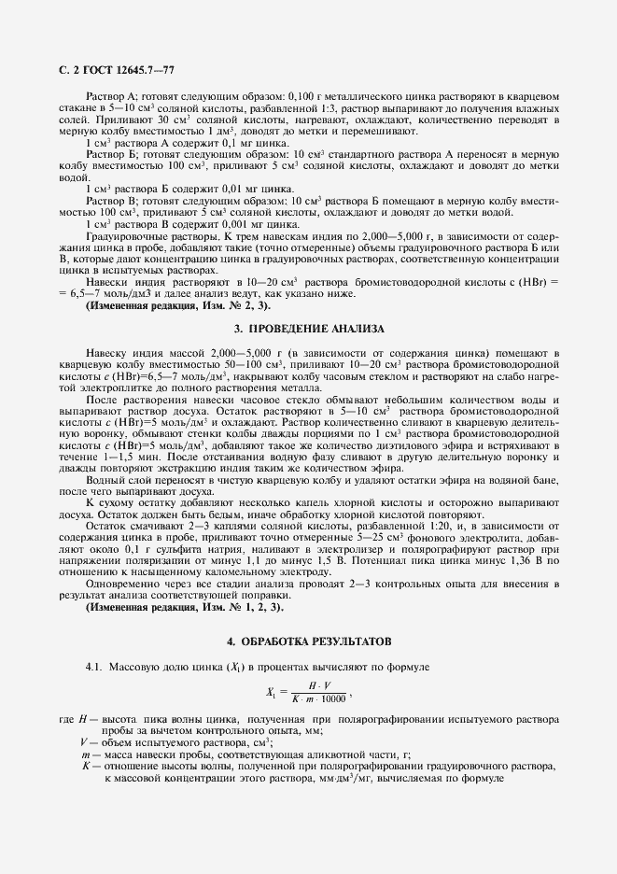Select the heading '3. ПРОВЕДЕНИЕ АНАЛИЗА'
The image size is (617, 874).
tap(308, 330)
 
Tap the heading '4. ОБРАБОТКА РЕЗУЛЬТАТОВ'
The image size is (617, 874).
tap(308, 642)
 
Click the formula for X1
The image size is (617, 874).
tap(307, 692)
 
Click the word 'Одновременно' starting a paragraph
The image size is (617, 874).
tap(119, 584)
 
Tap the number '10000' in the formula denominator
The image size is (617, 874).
tap(331, 698)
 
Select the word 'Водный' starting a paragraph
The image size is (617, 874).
tap(105, 480)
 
